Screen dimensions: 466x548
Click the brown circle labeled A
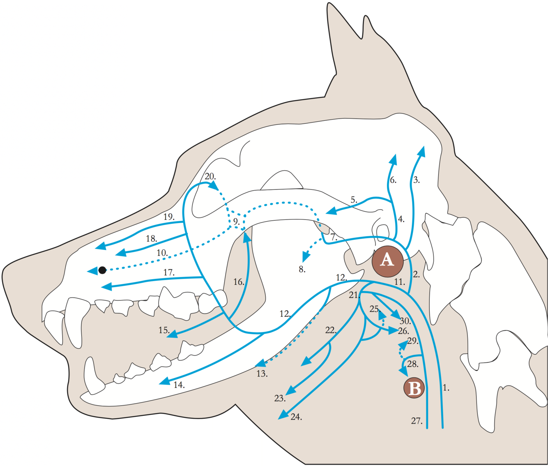(387, 261)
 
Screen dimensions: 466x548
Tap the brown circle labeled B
(414, 388)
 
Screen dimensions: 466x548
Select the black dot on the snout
(102, 270)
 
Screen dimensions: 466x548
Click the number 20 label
(210, 176)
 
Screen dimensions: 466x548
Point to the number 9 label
(236, 221)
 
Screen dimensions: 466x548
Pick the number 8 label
(302, 270)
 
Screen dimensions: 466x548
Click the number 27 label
(417, 421)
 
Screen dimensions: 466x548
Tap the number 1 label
(446, 387)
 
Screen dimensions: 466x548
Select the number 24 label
(296, 417)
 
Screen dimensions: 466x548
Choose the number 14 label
(179, 385)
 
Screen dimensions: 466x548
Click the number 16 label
(239, 282)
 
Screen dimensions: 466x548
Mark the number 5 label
(354, 200)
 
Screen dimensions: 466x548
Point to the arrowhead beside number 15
(173, 335)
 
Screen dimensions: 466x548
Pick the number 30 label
(405, 321)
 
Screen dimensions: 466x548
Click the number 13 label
(262, 374)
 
